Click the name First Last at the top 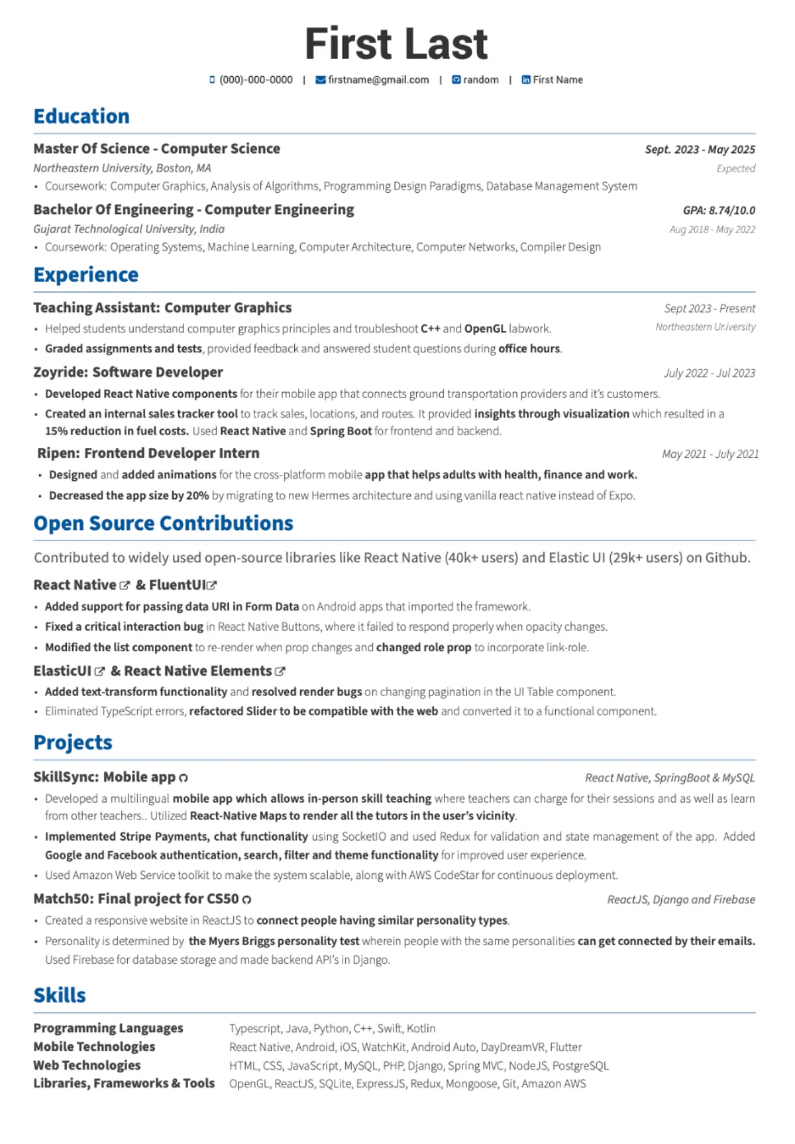click(396, 44)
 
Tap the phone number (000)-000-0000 click(256, 80)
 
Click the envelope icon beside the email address click(321, 80)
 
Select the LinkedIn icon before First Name click(526, 80)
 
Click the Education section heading click(81, 117)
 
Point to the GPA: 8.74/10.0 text click(719, 211)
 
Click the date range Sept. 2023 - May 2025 click(700, 150)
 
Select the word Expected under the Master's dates click(735, 169)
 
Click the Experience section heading click(86, 275)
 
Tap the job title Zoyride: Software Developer click(128, 372)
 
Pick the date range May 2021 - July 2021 click(710, 454)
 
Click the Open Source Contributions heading click(163, 523)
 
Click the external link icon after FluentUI click(212, 586)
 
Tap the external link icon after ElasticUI click(100, 672)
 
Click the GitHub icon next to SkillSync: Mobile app click(184, 778)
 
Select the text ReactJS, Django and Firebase click(681, 900)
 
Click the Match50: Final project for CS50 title click(136, 899)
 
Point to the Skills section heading click(60, 996)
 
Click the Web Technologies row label click(87, 1065)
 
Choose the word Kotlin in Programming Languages click(421, 1029)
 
